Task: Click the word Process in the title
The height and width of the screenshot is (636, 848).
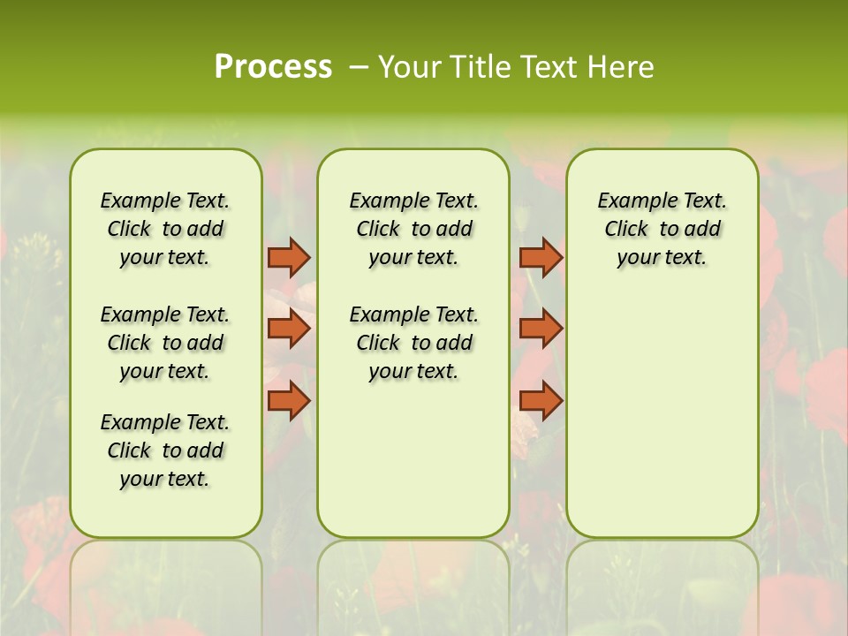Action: pos(273,67)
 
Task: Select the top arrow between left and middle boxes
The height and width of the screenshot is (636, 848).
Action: pos(289,257)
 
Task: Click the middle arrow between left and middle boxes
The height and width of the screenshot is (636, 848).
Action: pos(289,329)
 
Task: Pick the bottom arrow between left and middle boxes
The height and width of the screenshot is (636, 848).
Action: pos(289,401)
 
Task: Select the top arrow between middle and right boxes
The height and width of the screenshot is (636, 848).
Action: pos(541,257)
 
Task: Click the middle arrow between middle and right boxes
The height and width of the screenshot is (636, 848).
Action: pos(541,329)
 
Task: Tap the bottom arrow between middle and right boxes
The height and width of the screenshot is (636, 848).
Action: pos(541,401)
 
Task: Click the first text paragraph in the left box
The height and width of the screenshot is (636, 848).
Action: pos(165,229)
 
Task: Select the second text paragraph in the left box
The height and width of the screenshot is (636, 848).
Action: pos(165,343)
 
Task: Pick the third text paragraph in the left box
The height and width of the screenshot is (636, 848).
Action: pos(165,450)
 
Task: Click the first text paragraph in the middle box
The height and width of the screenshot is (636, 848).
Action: pos(413,229)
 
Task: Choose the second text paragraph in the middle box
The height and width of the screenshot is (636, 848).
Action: pos(413,343)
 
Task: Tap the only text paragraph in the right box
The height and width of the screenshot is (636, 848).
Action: pos(662,229)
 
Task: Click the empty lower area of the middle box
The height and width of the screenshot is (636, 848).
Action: pos(413,459)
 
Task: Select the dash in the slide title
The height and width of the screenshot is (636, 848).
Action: pos(358,67)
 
